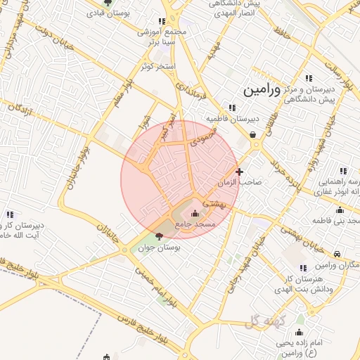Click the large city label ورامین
[261, 91]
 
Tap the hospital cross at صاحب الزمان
[240, 171]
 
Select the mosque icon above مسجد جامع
[195, 214]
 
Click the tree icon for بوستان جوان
[159, 236]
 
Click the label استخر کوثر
[156, 65]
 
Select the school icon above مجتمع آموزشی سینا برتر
[162, 22]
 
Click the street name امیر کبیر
[163, 124]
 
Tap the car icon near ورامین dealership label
[338, 254]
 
